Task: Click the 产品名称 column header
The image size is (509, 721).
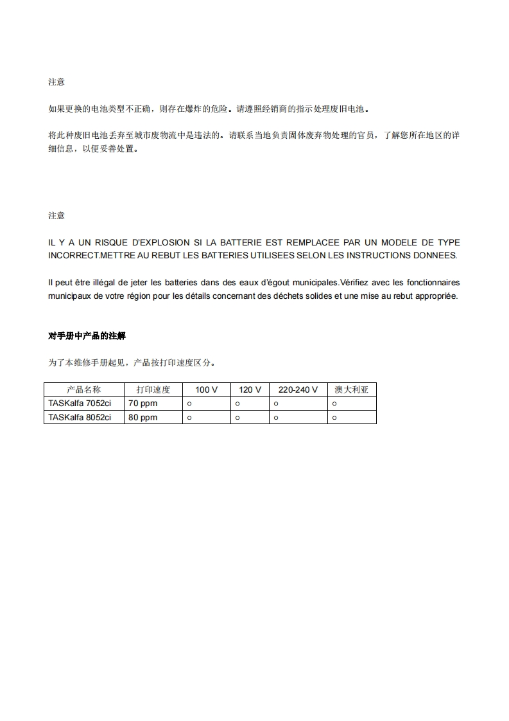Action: [84, 389]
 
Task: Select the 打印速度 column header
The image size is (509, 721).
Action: [153, 389]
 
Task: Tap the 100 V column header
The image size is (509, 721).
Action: [206, 389]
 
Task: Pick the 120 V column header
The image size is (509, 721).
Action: [250, 389]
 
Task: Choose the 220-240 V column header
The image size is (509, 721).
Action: [298, 389]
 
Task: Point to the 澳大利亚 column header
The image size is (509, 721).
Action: [352, 389]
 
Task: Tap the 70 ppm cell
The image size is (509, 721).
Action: [143, 404]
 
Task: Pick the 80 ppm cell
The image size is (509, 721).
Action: [143, 417]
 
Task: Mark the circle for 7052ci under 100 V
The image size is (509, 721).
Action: [189, 404]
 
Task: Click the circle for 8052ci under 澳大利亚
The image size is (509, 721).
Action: [334, 418]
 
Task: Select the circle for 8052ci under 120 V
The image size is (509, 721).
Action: [237, 418]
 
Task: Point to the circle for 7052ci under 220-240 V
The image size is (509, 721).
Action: [276, 404]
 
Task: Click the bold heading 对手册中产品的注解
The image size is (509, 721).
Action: [87, 335]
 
